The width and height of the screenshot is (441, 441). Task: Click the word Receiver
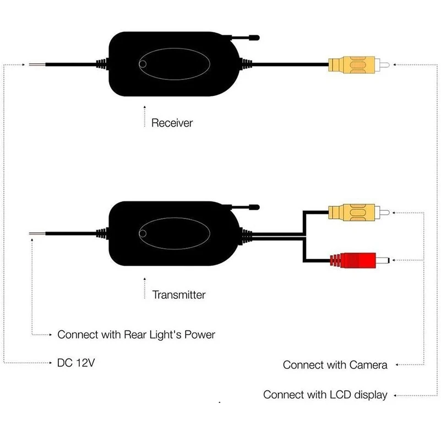[172, 123]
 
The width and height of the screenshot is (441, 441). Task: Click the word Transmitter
[178, 295]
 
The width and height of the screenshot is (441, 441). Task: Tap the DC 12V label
[72, 363]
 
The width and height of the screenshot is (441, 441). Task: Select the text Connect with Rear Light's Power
[136, 334]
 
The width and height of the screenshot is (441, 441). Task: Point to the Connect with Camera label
[335, 364]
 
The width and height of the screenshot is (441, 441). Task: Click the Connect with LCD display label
[325, 395]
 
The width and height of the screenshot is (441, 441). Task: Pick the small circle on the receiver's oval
[144, 64]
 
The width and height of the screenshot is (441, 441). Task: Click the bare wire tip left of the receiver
[37, 65]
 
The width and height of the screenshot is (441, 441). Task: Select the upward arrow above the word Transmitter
[144, 288]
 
